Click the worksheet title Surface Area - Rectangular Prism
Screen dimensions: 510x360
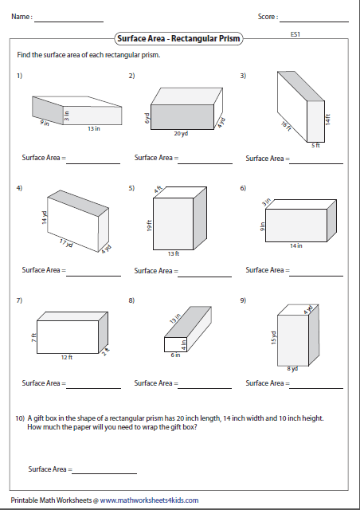tap(178, 37)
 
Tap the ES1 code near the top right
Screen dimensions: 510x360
tap(295, 35)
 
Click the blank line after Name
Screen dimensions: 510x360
tap(68, 17)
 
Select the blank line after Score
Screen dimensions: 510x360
tap(315, 17)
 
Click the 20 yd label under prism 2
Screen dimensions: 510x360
tap(181, 134)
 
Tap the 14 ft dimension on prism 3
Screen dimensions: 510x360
tap(327, 116)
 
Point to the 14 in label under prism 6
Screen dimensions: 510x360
tap(296, 245)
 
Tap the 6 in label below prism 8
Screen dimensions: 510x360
tap(175, 355)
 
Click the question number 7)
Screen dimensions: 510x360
tap(18, 300)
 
